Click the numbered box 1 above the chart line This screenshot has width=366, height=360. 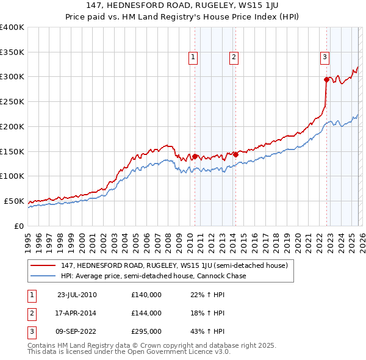pyautogui.click(x=193, y=57)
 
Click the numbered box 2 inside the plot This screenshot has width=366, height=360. pyautogui.click(x=234, y=57)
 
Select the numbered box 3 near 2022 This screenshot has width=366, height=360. pyautogui.click(x=325, y=57)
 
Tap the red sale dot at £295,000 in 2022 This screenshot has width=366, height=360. pyautogui.click(x=326, y=79)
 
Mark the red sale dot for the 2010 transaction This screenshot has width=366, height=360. pyautogui.click(x=195, y=156)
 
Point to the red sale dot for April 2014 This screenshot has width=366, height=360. pyautogui.click(x=235, y=154)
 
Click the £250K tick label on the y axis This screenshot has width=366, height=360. pyautogui.click(x=12, y=101)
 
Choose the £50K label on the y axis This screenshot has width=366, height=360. pyautogui.click(x=14, y=201)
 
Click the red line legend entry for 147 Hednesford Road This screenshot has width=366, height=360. pyautogui.click(x=177, y=265)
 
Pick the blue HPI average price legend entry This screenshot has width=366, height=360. pyautogui.click(x=153, y=276)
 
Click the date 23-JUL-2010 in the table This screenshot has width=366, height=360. pyautogui.click(x=77, y=294)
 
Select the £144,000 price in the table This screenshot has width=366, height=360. pyautogui.click(x=146, y=313)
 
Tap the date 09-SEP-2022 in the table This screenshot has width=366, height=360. pyautogui.click(x=77, y=332)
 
